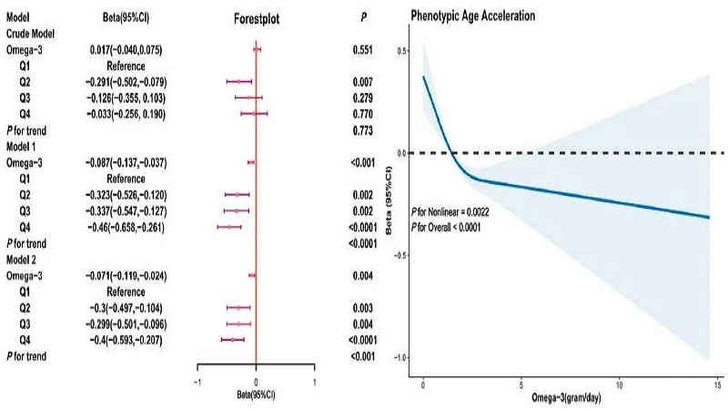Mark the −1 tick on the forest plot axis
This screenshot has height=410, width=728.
pos(197,382)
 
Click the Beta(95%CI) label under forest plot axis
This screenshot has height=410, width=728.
pos(256,398)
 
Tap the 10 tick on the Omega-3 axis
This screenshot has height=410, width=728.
pos(620,383)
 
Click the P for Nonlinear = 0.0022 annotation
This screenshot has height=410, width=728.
pos(459,210)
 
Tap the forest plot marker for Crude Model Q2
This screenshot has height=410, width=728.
pos(239,82)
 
